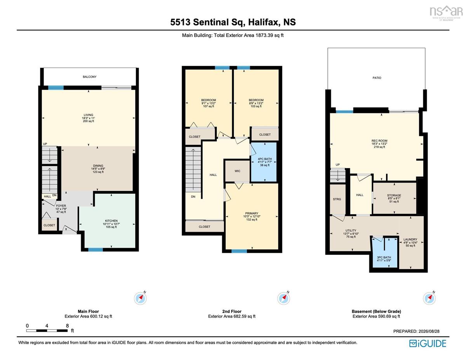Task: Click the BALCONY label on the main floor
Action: coord(90,77)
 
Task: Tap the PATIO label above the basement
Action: coord(377,78)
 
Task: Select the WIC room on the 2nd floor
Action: coord(237,171)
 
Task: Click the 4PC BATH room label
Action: coord(264,159)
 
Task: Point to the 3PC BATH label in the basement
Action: coord(384,257)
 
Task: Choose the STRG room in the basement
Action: coord(337,199)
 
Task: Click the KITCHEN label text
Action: coord(111,221)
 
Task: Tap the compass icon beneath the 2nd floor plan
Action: coord(283,298)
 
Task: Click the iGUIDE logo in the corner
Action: coord(428,343)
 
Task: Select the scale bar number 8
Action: coord(67,326)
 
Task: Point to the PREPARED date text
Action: coord(416,331)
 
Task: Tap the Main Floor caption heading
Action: coord(89,311)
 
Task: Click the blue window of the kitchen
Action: coord(96,250)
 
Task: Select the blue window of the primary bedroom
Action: coord(239,251)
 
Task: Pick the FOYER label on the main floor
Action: coord(61,206)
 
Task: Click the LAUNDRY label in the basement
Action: coord(410,240)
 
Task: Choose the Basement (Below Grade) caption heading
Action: coord(376,311)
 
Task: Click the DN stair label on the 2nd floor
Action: coord(193,197)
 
